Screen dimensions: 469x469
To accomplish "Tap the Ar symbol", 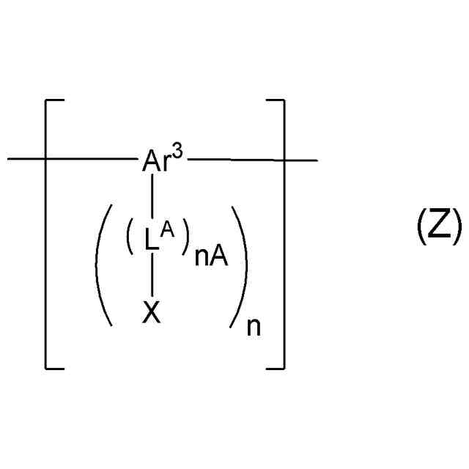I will [155, 162].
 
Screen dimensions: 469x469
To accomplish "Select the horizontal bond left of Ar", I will [73, 158].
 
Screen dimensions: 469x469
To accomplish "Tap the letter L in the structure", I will [151, 242].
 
